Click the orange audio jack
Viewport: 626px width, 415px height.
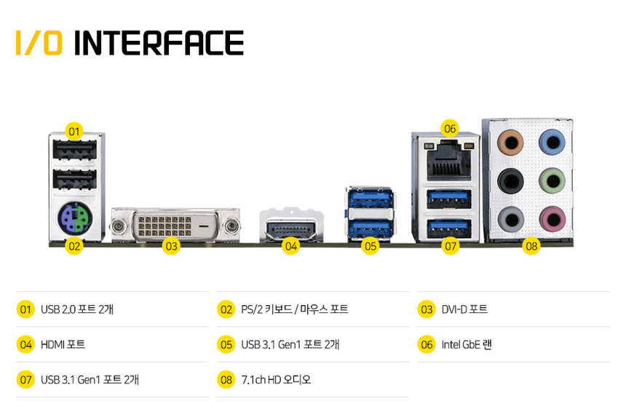pyautogui.click(x=510, y=142)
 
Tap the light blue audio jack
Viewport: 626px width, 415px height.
pyautogui.click(x=552, y=142)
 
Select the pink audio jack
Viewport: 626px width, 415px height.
pyautogui.click(x=552, y=219)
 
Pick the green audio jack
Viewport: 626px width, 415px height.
pyautogui.click(x=552, y=181)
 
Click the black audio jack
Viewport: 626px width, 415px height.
pyautogui.click(x=510, y=181)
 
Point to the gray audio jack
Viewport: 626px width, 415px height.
pyautogui.click(x=510, y=219)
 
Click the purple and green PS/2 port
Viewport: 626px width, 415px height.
pyautogui.click(x=75, y=218)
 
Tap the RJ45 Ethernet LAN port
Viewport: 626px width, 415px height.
pyautogui.click(x=449, y=160)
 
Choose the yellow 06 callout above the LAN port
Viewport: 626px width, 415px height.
pyautogui.click(x=450, y=129)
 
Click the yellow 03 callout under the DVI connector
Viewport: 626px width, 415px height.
pyautogui.click(x=171, y=245)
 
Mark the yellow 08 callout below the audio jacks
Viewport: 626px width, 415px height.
pyautogui.click(x=531, y=245)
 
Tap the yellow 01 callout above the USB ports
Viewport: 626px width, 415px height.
pyautogui.click(x=74, y=131)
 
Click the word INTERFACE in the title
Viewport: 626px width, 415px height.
pyautogui.click(x=159, y=43)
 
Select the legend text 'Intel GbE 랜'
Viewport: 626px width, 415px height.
pyautogui.click(x=467, y=344)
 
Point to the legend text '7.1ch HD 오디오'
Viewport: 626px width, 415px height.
pyautogui.click(x=276, y=379)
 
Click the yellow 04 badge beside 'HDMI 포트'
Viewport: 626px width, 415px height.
pyautogui.click(x=25, y=344)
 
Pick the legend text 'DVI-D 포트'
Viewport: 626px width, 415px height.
pyautogui.click(x=464, y=309)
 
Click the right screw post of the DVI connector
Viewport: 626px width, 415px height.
pyautogui.click(x=231, y=226)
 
